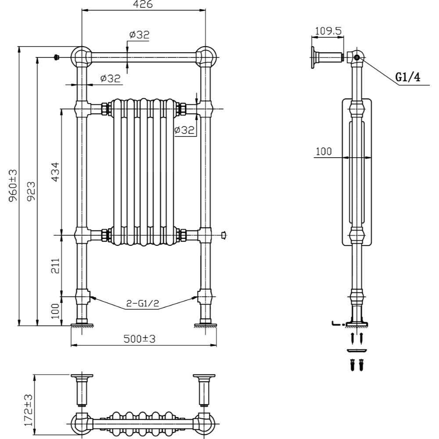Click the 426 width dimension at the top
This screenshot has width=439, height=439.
pos(144,5)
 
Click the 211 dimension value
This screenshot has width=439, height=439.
pos(55,264)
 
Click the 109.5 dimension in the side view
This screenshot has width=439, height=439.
pos(327,31)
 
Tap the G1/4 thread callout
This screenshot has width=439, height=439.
pos(408,77)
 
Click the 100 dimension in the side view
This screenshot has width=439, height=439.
pos(324,151)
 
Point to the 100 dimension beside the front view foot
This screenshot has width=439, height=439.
pos(55,312)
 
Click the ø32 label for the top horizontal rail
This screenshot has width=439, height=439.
pos(139,35)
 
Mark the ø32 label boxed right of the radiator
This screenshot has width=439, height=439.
pos(184,130)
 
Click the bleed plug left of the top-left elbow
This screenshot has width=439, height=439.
pos(56,57)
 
